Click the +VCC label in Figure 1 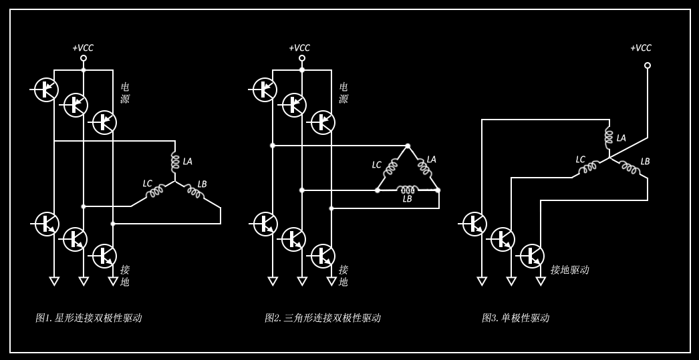pos(83,48)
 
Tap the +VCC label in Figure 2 pos(299,48)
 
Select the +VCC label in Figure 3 pos(641,48)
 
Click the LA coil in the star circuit pos(175,162)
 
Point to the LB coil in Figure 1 pos(194,192)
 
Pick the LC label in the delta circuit pos(377,165)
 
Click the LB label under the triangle pos(407,199)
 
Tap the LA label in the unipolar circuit pos(621,138)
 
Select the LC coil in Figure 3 pos(589,168)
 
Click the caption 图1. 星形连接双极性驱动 pos(89,318)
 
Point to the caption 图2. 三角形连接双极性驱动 pos(323,318)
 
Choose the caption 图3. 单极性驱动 pos(515,318)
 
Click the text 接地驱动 pos(569,270)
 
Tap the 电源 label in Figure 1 pos(125,93)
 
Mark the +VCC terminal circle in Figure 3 pos(647,65)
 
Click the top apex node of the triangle pos(408,146)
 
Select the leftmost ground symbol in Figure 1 pos(54,281)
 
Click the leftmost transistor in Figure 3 pos(474,224)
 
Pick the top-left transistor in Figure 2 pos(265,89)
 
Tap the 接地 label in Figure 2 pos(343,276)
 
